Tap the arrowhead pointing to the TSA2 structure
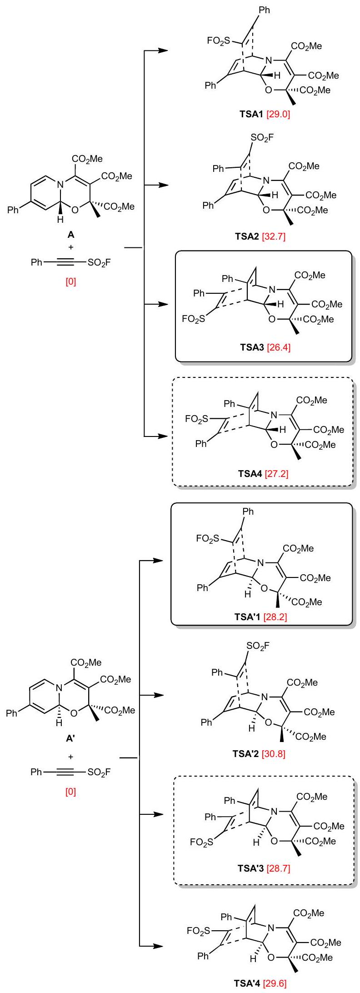click(163, 185)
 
